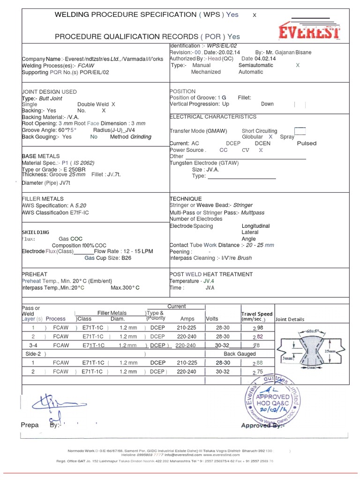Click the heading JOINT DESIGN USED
point(49,92)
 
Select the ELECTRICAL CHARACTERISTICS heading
point(213,117)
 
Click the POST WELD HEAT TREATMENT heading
point(212,274)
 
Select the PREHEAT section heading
point(35,274)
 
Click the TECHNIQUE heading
point(186,199)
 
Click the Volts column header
point(212,319)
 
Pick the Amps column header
point(187,319)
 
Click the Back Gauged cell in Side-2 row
point(240,354)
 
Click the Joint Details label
point(290,319)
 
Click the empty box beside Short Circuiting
point(300,131)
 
